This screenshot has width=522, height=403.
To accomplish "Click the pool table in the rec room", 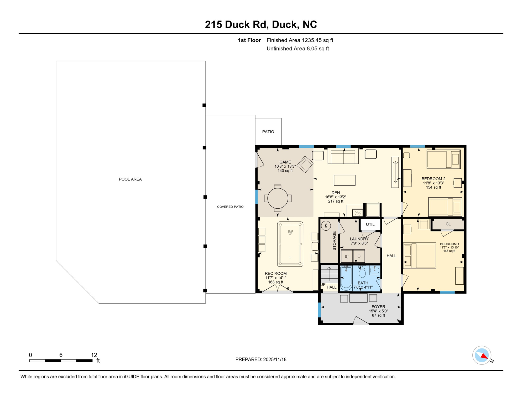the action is coord(290,244).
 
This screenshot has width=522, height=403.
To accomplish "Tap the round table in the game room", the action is coord(278,198).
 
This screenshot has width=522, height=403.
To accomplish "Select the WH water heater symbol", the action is coord(326,225).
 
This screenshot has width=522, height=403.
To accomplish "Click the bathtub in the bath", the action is coord(346,278).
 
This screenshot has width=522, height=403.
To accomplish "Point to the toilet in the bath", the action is coord(362,272).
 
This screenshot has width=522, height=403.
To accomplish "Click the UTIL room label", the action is coord(370,224).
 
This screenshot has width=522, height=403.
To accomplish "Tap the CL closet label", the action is coord(448,224).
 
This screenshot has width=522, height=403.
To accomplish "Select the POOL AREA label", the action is coord(130,179).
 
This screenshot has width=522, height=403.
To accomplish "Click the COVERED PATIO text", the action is coord(230,207).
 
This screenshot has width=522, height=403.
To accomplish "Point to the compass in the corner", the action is coord(482,355).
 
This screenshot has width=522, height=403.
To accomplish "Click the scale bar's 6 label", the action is coord(61,355).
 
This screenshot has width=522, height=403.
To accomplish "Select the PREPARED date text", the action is coord(261,359).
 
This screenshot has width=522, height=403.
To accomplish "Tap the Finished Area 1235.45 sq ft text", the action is coord(300,40).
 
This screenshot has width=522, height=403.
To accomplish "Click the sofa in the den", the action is coord(343,156).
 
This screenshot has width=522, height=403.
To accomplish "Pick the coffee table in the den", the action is coord(344,180).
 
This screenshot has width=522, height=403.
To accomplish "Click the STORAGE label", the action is coord(334,241).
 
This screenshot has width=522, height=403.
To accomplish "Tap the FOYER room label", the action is coord(378,307).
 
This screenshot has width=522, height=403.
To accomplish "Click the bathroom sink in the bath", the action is coord(374,270).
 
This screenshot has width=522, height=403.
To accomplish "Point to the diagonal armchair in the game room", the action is coord(305,164).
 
